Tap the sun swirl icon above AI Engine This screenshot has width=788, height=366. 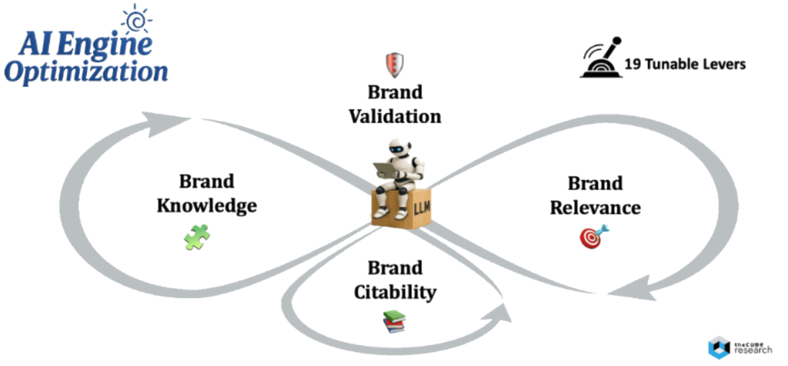pos(137,19)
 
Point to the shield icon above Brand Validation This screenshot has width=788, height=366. pos(395,65)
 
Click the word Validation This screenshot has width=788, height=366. pos(395,117)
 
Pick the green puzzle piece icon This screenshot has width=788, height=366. pos(195,237)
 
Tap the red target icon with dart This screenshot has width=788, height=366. pos(592,235)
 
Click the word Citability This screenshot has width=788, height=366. pos(395,292)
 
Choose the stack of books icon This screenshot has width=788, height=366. pos(394,321)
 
